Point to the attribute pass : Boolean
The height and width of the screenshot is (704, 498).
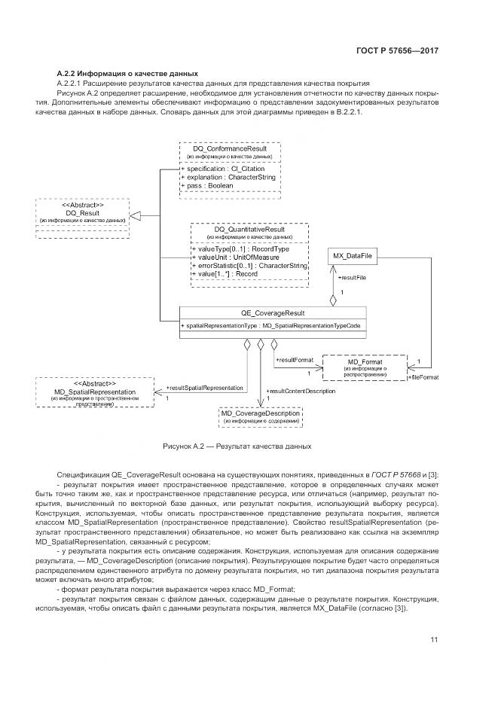click(207, 184)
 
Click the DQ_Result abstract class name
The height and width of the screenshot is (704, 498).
click(83, 213)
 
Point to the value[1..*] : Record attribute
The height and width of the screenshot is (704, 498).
click(226, 273)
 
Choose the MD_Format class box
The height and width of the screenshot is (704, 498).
click(365, 367)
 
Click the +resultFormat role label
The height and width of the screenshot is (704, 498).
click(294, 361)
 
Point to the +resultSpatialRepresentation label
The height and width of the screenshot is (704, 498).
click(205, 388)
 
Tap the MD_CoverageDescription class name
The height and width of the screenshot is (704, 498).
click(260, 413)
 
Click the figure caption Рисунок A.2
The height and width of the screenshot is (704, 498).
click(237, 446)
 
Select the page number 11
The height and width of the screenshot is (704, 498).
click(434, 639)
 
